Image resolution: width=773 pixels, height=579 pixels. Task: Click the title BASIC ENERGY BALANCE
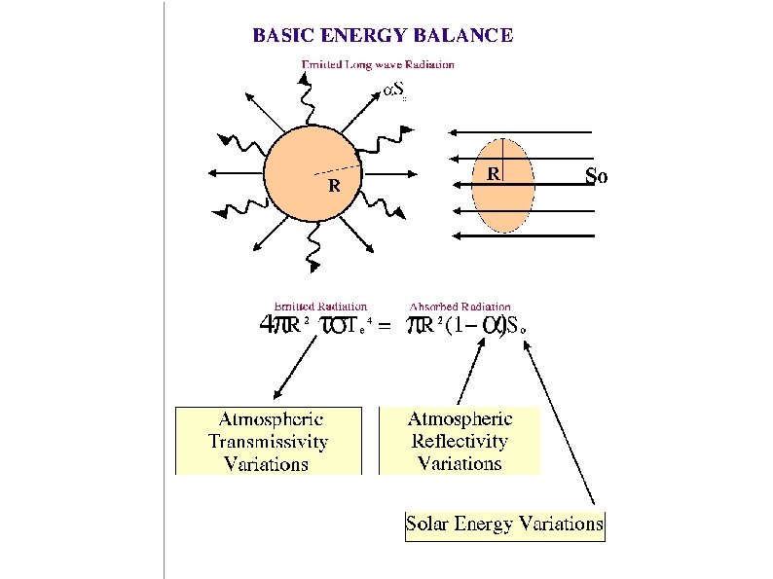[x=383, y=36]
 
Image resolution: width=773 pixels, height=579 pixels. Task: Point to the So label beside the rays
[x=596, y=176]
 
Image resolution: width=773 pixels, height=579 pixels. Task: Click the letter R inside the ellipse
[x=494, y=174]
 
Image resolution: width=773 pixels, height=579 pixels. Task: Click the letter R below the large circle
[x=333, y=185]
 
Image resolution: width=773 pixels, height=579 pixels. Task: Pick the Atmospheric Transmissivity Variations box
[x=268, y=441]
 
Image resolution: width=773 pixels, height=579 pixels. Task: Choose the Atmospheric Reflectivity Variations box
[x=460, y=441]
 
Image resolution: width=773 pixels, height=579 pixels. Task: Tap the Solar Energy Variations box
[x=504, y=524]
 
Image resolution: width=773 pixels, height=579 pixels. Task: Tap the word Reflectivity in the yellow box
[x=460, y=441]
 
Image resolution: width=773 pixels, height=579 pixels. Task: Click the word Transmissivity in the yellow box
[x=268, y=441]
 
